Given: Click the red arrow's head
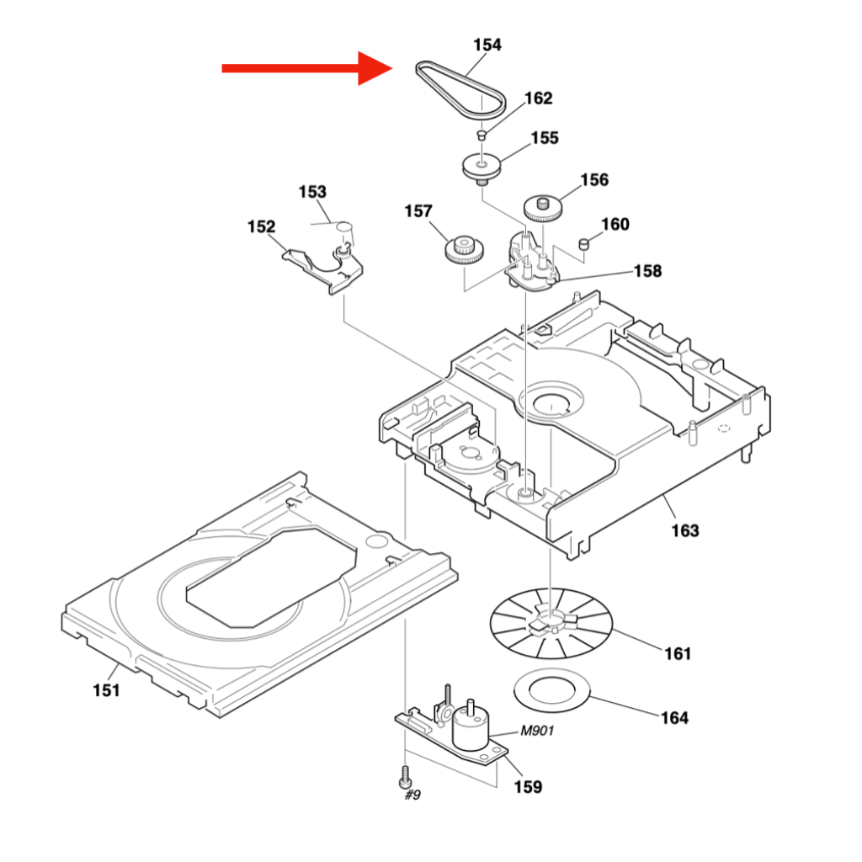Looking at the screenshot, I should [x=374, y=68].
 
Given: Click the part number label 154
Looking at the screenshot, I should [x=487, y=45].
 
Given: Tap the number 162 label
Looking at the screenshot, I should [x=538, y=98].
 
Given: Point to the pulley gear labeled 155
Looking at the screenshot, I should [x=482, y=165].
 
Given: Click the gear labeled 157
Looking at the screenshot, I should [x=464, y=249].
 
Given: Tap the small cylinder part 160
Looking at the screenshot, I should [x=583, y=244].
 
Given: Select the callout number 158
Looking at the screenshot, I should [x=647, y=271].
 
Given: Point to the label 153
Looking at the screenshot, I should [x=312, y=193].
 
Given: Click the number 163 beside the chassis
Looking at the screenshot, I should [x=685, y=531].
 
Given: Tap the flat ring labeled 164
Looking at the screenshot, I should [x=551, y=690].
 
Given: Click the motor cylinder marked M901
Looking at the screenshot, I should [x=471, y=728].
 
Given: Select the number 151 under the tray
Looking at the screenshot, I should [x=106, y=690].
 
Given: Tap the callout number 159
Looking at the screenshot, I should [x=529, y=787].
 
